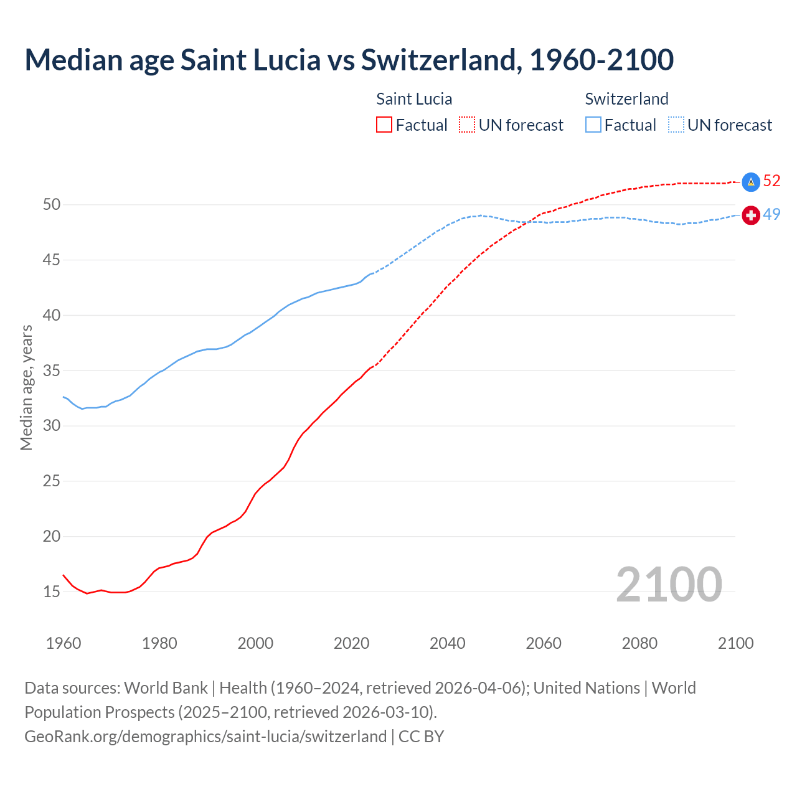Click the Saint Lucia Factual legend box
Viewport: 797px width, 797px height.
[384, 125]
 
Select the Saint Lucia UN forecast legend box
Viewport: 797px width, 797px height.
[467, 125]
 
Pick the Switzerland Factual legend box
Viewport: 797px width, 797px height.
[593, 125]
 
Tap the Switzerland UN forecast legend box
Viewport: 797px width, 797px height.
[676, 125]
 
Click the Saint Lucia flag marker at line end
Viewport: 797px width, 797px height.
[751, 182]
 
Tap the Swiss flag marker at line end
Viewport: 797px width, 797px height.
[751, 215]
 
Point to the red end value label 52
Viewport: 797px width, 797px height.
[771, 181]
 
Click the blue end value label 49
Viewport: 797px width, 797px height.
[771, 214]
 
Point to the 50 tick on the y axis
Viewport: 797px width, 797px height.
[52, 205]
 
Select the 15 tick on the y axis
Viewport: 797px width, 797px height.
[52, 592]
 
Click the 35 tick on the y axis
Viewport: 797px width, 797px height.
[52, 370]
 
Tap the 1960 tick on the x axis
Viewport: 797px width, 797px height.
[64, 643]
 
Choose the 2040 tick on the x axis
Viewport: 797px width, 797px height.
[448, 643]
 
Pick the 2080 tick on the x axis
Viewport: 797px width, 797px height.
[639, 643]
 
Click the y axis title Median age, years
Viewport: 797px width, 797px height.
[26, 387]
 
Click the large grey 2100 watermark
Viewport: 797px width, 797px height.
[669, 585]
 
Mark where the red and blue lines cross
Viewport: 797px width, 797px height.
[531, 222]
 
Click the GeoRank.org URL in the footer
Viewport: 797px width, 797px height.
[205, 737]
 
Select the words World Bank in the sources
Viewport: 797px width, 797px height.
[166, 688]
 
